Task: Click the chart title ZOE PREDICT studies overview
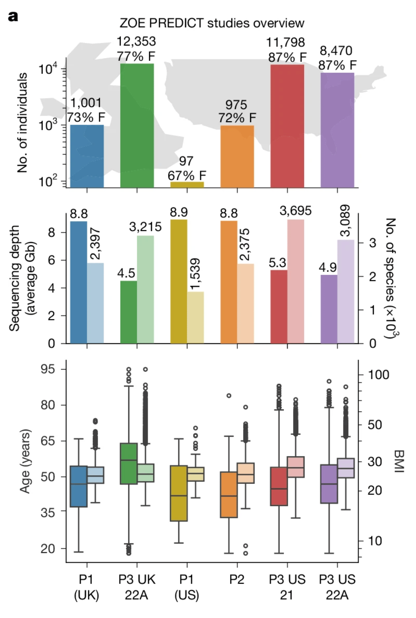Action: pos(212,23)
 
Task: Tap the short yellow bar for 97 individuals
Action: pos(187,185)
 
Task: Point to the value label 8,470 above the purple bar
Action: pos(336,51)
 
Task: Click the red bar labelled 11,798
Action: pos(287,126)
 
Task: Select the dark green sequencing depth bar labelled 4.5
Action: pos(129,312)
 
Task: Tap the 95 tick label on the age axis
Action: pos(48,369)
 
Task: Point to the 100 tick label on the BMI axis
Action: pos(378,375)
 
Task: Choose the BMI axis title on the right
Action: pos(399,461)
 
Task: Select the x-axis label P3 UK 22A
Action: pos(137,587)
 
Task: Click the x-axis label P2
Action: pos(237,579)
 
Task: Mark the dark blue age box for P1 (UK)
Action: pos(79,486)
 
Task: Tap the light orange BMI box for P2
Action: pos(246,473)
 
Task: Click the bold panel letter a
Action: pos(13,17)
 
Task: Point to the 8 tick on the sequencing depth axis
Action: pos(51,232)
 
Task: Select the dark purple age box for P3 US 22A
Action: pos(329,484)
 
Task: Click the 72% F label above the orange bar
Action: pos(237,118)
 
